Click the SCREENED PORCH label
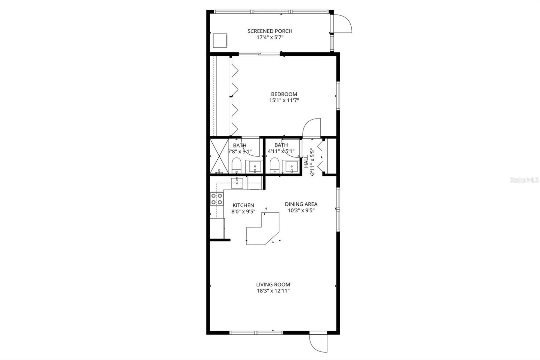270,31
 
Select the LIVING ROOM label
273,284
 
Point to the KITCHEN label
243,205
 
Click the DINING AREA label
301,204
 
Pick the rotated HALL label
306,161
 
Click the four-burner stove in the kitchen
216,199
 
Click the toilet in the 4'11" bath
274,166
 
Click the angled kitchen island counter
263,230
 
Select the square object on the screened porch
220,40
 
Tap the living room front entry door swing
318,343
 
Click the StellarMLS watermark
524,180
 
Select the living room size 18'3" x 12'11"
273,291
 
